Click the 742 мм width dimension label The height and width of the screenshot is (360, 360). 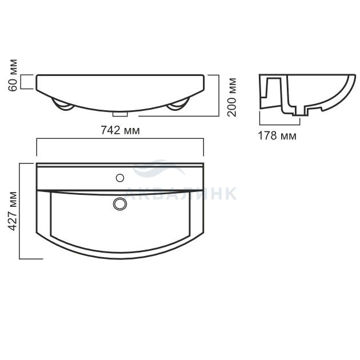[x=120, y=130]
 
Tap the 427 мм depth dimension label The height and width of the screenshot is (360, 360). [x=13, y=211]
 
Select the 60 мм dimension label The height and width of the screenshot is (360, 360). [x=13, y=75]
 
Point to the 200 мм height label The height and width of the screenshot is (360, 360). [x=231, y=97]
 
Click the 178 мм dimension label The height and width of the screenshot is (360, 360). [x=277, y=135]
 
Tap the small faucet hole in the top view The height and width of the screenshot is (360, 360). [x=120, y=178]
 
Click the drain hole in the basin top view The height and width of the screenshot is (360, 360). [x=120, y=203]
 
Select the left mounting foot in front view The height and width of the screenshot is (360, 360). [x=62, y=105]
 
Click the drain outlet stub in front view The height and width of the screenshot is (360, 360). [x=120, y=114]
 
